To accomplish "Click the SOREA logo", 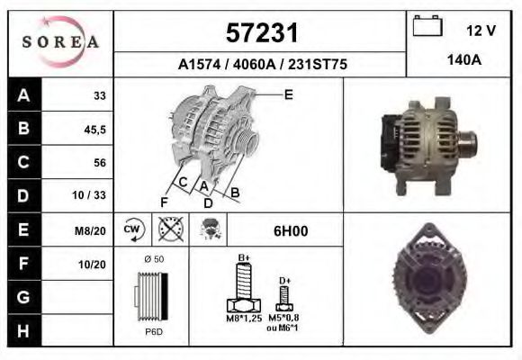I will pyautogui.click(x=59, y=41).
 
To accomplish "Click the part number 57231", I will pyautogui.click(x=261, y=33).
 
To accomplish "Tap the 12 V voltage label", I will pyautogui.click(x=481, y=31).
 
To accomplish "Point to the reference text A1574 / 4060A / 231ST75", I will pyautogui.click(x=261, y=65).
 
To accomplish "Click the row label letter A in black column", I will pyautogui.click(x=22, y=94).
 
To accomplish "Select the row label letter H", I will pyautogui.click(x=22, y=329).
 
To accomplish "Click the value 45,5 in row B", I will pyautogui.click(x=94, y=129).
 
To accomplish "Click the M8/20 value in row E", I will pyautogui.click(x=92, y=230).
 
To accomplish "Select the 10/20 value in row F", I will pyautogui.click(x=94, y=264).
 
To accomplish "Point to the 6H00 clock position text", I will pyautogui.click(x=291, y=231).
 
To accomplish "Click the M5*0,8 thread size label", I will pyautogui.click(x=284, y=318).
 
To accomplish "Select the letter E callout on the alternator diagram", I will pyautogui.click(x=288, y=94).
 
